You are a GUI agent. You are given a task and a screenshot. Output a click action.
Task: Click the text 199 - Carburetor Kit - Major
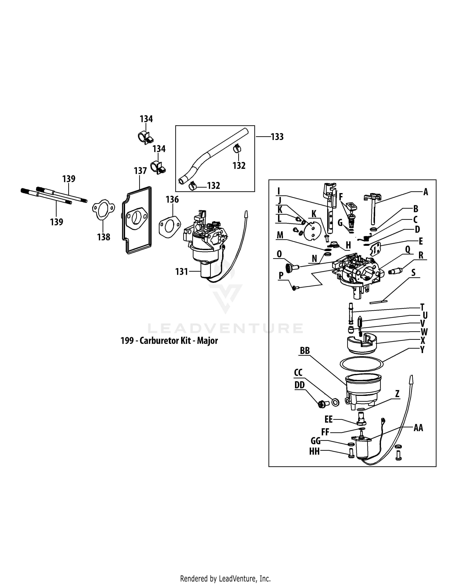tap(169, 341)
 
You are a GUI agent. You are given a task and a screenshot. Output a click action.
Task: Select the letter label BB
tap(305, 351)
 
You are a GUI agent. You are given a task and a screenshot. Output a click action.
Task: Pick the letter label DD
tap(299, 385)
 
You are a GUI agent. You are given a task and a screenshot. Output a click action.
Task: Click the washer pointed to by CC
tap(335, 402)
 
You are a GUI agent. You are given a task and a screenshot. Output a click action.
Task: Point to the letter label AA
tap(418, 428)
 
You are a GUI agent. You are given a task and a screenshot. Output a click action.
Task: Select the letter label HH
tap(314, 452)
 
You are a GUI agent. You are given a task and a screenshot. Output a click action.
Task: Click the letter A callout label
tap(426, 192)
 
